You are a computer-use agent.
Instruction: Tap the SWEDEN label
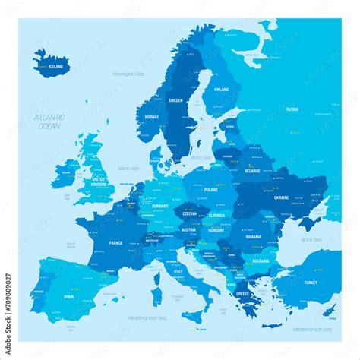175,100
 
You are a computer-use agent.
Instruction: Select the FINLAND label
221,90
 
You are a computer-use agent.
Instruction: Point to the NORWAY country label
152,117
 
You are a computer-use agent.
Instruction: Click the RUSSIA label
292,109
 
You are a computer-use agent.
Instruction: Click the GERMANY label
159,207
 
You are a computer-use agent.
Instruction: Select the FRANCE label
115,242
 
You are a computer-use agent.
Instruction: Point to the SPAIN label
69,297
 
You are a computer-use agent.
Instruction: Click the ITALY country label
178,271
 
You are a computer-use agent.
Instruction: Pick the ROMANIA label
253,237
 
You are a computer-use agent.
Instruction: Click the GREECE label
242,293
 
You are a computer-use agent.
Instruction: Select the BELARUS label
252,171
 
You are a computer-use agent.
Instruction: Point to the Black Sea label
311,239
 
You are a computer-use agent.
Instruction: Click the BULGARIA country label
261,261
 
